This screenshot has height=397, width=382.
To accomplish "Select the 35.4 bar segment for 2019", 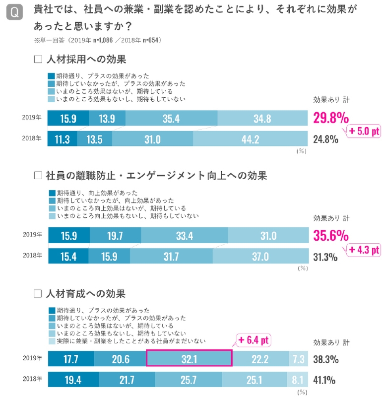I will (171, 119).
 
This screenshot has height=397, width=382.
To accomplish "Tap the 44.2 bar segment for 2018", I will (250, 139).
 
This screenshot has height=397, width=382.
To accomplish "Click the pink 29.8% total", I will (331, 118).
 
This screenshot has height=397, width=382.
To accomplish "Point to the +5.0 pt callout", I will (362, 132).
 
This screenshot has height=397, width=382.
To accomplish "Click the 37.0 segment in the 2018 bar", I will (260, 257).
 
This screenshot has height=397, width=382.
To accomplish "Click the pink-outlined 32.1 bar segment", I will (189, 358).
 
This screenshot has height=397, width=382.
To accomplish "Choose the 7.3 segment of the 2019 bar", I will (298, 358).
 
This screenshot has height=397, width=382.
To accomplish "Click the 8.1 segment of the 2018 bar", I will (297, 380).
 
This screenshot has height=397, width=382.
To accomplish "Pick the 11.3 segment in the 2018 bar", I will (62, 139).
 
